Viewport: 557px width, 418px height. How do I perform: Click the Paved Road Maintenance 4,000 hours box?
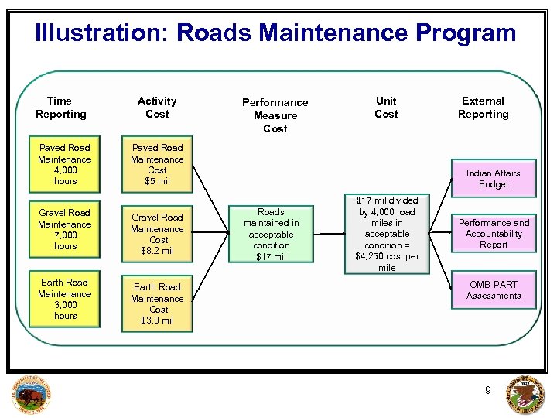point(64,164)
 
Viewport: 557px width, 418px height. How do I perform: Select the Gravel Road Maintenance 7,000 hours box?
point(64,229)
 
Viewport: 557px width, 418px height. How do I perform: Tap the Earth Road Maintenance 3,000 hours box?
point(64,299)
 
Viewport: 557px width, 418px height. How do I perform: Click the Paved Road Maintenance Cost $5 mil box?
point(157,164)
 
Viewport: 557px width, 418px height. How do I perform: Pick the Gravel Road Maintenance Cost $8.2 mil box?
point(157,234)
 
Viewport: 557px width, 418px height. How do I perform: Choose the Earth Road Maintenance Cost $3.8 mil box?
point(157,303)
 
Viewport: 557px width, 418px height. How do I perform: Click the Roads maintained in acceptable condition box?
point(271,234)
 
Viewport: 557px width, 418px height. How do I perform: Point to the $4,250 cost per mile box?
point(387,234)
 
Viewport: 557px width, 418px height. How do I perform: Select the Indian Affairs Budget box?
point(494,179)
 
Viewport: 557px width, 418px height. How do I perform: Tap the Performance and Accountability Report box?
point(494,233)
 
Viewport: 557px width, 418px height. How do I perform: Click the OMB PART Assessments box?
point(494,290)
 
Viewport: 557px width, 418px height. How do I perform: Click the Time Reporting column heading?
point(60,108)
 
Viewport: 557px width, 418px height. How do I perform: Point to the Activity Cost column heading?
point(157,108)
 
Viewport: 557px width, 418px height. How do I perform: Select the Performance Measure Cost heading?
point(275,115)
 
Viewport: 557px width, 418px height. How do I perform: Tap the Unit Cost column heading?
point(386,108)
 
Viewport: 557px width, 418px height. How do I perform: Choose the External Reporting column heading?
point(483,108)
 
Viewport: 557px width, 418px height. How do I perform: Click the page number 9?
point(487,391)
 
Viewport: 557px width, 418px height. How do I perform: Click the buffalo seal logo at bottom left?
point(32,395)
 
